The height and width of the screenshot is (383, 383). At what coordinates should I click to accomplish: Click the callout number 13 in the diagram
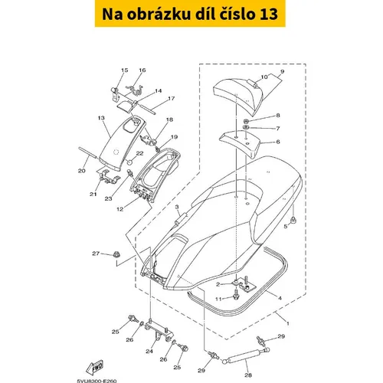(101, 118)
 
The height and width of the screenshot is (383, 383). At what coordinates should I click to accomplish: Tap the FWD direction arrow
(95, 368)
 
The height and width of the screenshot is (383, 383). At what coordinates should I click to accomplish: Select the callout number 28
(248, 375)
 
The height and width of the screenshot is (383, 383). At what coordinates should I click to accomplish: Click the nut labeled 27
(116, 254)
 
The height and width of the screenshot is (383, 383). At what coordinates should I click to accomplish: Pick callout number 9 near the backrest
(282, 72)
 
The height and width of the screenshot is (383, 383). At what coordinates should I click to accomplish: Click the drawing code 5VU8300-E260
(97, 381)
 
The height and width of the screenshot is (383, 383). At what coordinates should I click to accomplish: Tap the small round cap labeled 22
(130, 162)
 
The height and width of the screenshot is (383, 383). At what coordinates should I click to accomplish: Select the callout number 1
(288, 323)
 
